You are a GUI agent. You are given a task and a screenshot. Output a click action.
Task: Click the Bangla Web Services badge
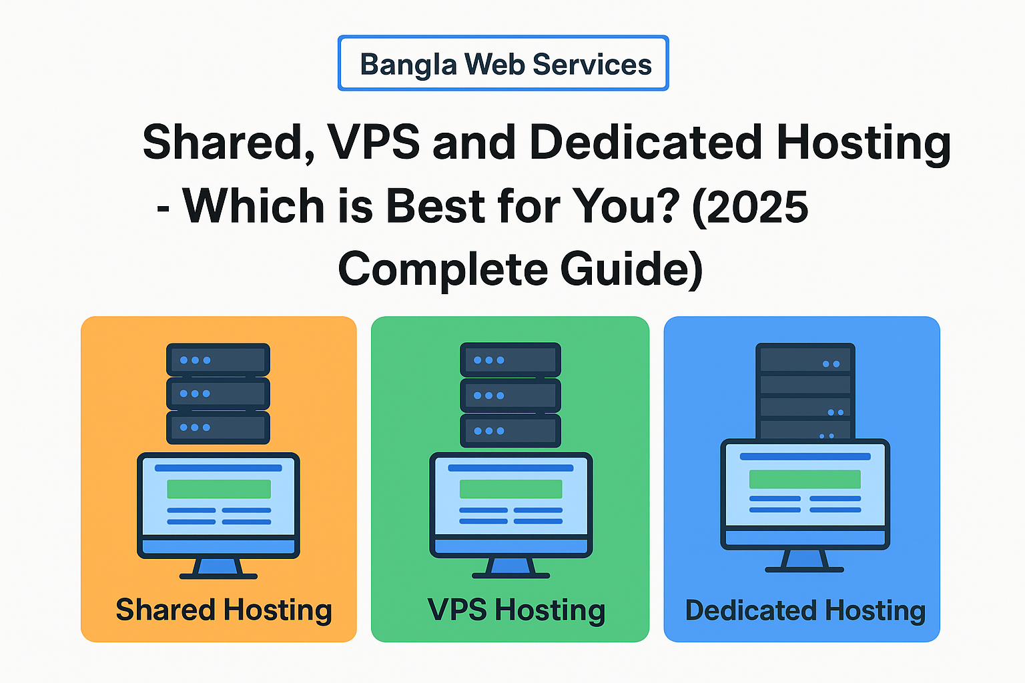coord(503,63)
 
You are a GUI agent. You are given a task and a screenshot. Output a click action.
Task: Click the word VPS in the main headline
coord(374,142)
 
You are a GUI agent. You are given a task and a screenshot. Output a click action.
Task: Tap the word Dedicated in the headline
coord(645,142)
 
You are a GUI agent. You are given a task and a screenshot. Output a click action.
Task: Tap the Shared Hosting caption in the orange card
coord(224,610)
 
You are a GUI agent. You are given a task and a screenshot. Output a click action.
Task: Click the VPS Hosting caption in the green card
coord(516,610)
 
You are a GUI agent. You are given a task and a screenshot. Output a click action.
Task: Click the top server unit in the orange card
coord(218,360)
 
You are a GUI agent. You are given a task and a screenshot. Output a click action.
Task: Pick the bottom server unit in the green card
coord(510,431)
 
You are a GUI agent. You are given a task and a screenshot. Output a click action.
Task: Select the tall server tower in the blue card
coord(805,390)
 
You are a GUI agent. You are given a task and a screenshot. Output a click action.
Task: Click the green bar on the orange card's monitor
coord(219,489)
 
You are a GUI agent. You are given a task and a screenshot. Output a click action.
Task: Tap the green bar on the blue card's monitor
coord(805,479)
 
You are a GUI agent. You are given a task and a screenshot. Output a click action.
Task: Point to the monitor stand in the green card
coord(510,567)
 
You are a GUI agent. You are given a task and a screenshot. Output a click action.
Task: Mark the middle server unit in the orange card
coord(218,394)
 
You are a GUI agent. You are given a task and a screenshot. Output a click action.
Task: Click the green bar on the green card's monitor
coord(510,489)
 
